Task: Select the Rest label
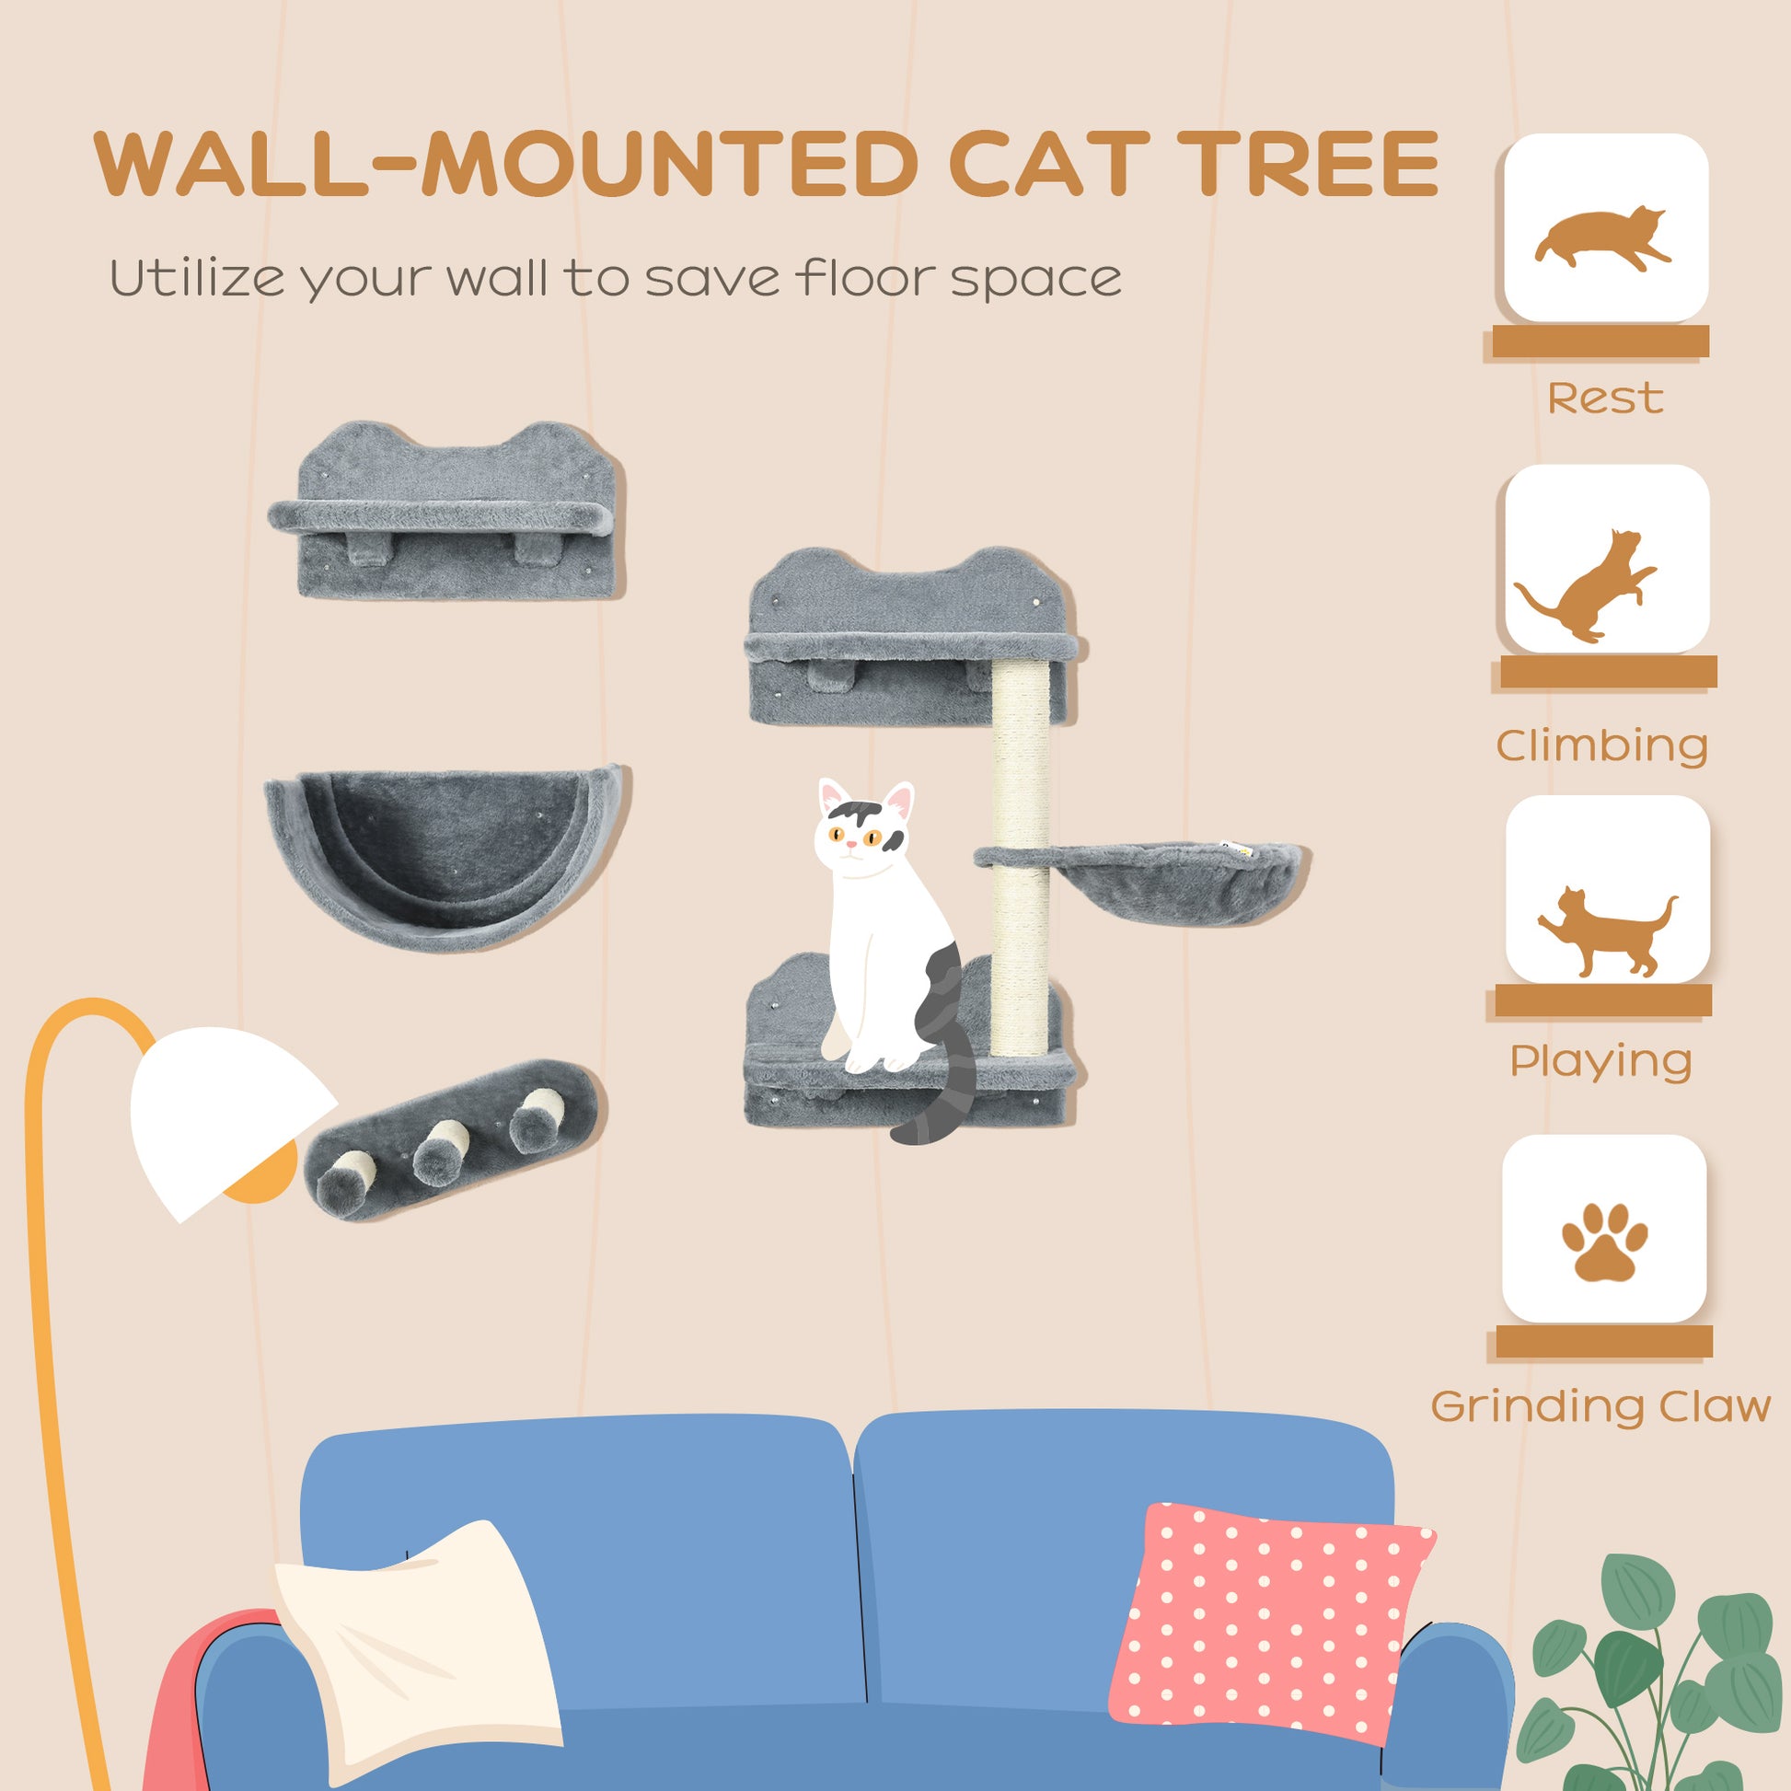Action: coord(1605,399)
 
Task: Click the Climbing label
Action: coord(1602,745)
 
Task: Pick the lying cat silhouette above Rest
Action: coord(1603,237)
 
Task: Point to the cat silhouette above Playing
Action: coord(1606,933)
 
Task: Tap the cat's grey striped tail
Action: coord(941,1099)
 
